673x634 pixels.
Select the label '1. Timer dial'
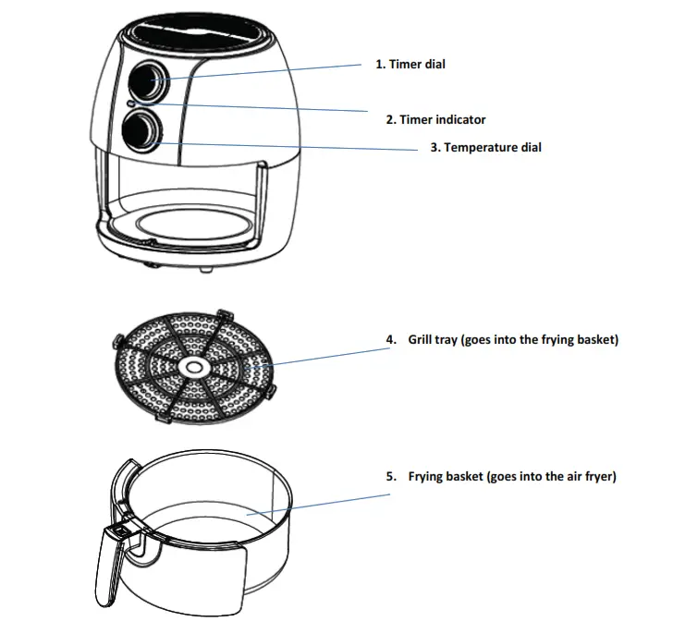[410, 65]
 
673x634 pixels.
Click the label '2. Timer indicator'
[435, 119]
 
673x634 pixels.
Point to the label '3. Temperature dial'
[485, 147]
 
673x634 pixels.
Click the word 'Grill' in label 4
[422, 340]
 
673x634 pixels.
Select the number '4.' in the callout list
[391, 340]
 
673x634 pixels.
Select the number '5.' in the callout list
[391, 477]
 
